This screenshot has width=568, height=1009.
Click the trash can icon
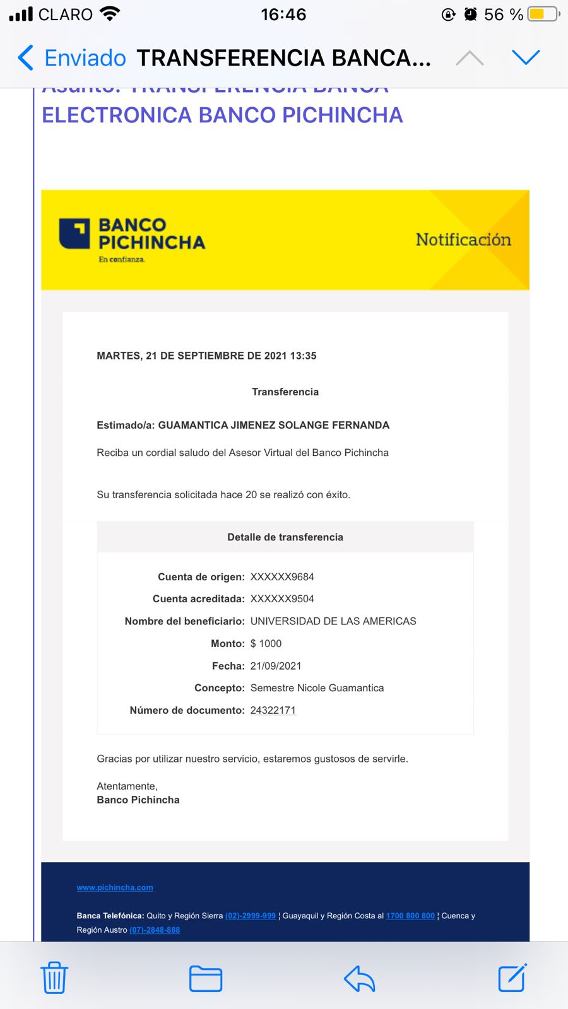[x=54, y=978]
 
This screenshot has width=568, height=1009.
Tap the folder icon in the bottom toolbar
[x=206, y=979]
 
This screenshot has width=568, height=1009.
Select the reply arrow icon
[x=360, y=979]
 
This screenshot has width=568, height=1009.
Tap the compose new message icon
[x=512, y=978]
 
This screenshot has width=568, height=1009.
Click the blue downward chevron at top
[x=526, y=57]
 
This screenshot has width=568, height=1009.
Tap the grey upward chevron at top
[x=470, y=59]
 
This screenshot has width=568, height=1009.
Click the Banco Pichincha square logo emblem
[x=74, y=233]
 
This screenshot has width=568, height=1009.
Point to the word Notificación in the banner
[x=463, y=240]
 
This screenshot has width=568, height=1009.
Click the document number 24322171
[x=273, y=710]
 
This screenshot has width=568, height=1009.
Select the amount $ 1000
[x=266, y=643]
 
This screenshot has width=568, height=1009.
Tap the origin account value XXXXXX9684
[x=282, y=576]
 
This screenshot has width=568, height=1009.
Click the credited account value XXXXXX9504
[x=282, y=598]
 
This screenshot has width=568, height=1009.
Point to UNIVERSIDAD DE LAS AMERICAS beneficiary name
[x=333, y=621]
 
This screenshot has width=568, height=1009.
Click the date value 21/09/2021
[x=276, y=666]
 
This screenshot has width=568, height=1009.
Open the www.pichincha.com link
[x=115, y=887]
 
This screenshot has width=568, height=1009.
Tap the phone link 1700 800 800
[x=410, y=916]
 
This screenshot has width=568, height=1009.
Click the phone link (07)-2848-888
[x=155, y=930]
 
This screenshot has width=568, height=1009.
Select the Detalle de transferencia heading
[x=285, y=537]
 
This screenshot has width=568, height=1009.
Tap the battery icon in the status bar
[x=543, y=14]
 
